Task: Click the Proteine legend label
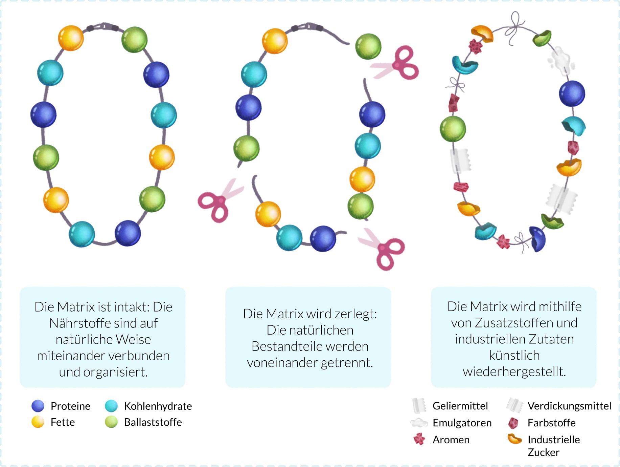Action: point(70,406)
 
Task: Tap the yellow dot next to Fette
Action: point(38,422)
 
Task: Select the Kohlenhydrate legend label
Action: point(158,406)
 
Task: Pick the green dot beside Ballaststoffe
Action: point(111,422)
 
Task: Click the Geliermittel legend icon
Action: point(419,405)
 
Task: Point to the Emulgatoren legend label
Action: point(462,423)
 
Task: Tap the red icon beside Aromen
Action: point(419,439)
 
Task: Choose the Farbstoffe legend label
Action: point(551,423)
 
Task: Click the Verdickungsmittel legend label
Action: point(569,406)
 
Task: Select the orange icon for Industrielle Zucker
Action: point(515,439)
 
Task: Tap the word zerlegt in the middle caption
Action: point(355,314)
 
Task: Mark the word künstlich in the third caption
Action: point(514,355)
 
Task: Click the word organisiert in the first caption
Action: point(115,372)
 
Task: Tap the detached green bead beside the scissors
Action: point(368,46)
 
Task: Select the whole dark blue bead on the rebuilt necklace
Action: point(572,93)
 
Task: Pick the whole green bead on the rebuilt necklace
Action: point(453,129)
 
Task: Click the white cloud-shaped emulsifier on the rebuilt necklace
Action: point(561,61)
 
